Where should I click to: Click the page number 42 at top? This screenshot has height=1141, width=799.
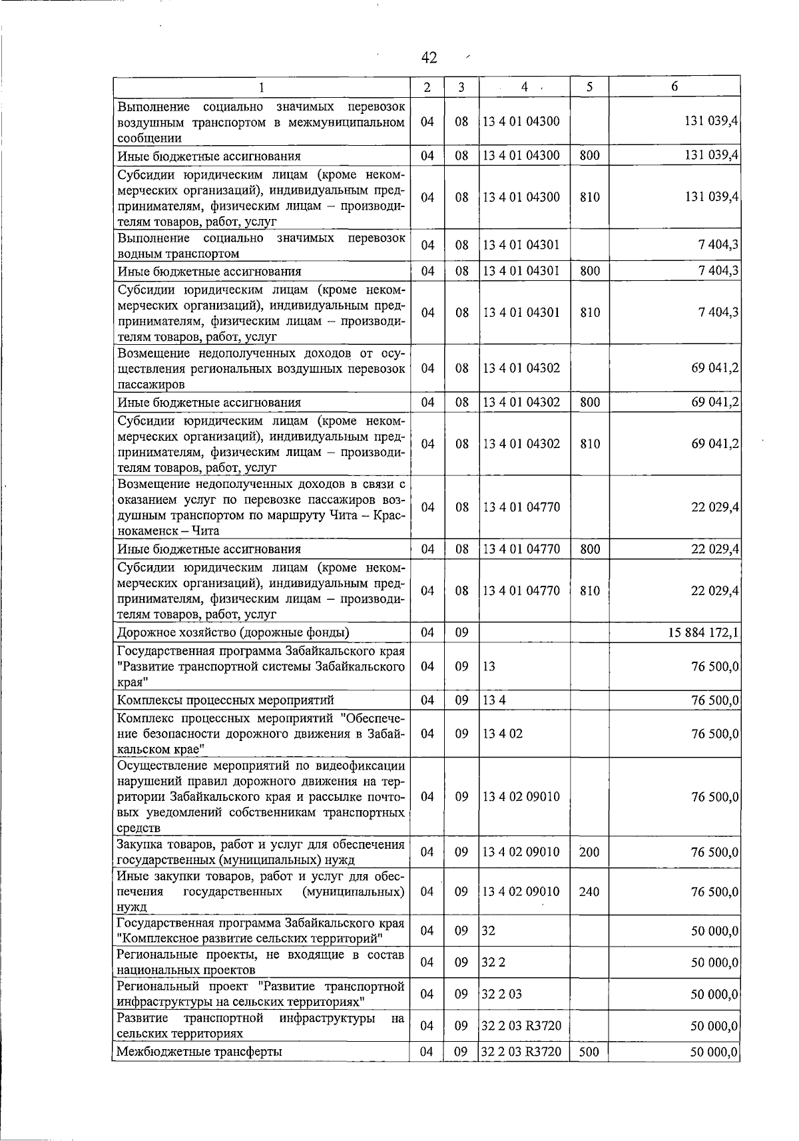point(429,59)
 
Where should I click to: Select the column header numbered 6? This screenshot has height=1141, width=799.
point(674,87)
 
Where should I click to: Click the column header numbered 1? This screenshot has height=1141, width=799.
point(261,87)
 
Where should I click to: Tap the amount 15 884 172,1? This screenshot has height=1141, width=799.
point(703,632)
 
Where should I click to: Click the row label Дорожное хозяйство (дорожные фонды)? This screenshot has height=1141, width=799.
point(233,632)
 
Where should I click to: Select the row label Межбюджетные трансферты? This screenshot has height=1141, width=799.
point(199,1052)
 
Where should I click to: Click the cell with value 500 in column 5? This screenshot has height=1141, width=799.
point(589,1052)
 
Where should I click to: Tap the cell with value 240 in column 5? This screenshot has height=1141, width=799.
point(589,891)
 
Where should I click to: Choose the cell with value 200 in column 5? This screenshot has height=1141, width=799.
point(589,852)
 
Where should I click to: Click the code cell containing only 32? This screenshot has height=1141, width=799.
point(489,931)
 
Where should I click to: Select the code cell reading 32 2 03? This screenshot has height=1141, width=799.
point(502,994)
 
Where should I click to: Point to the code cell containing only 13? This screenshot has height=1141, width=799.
point(489,666)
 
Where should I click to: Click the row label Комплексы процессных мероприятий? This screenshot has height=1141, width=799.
point(225,700)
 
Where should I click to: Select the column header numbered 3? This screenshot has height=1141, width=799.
point(461,87)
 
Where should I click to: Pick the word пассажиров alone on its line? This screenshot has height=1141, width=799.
point(151,385)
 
